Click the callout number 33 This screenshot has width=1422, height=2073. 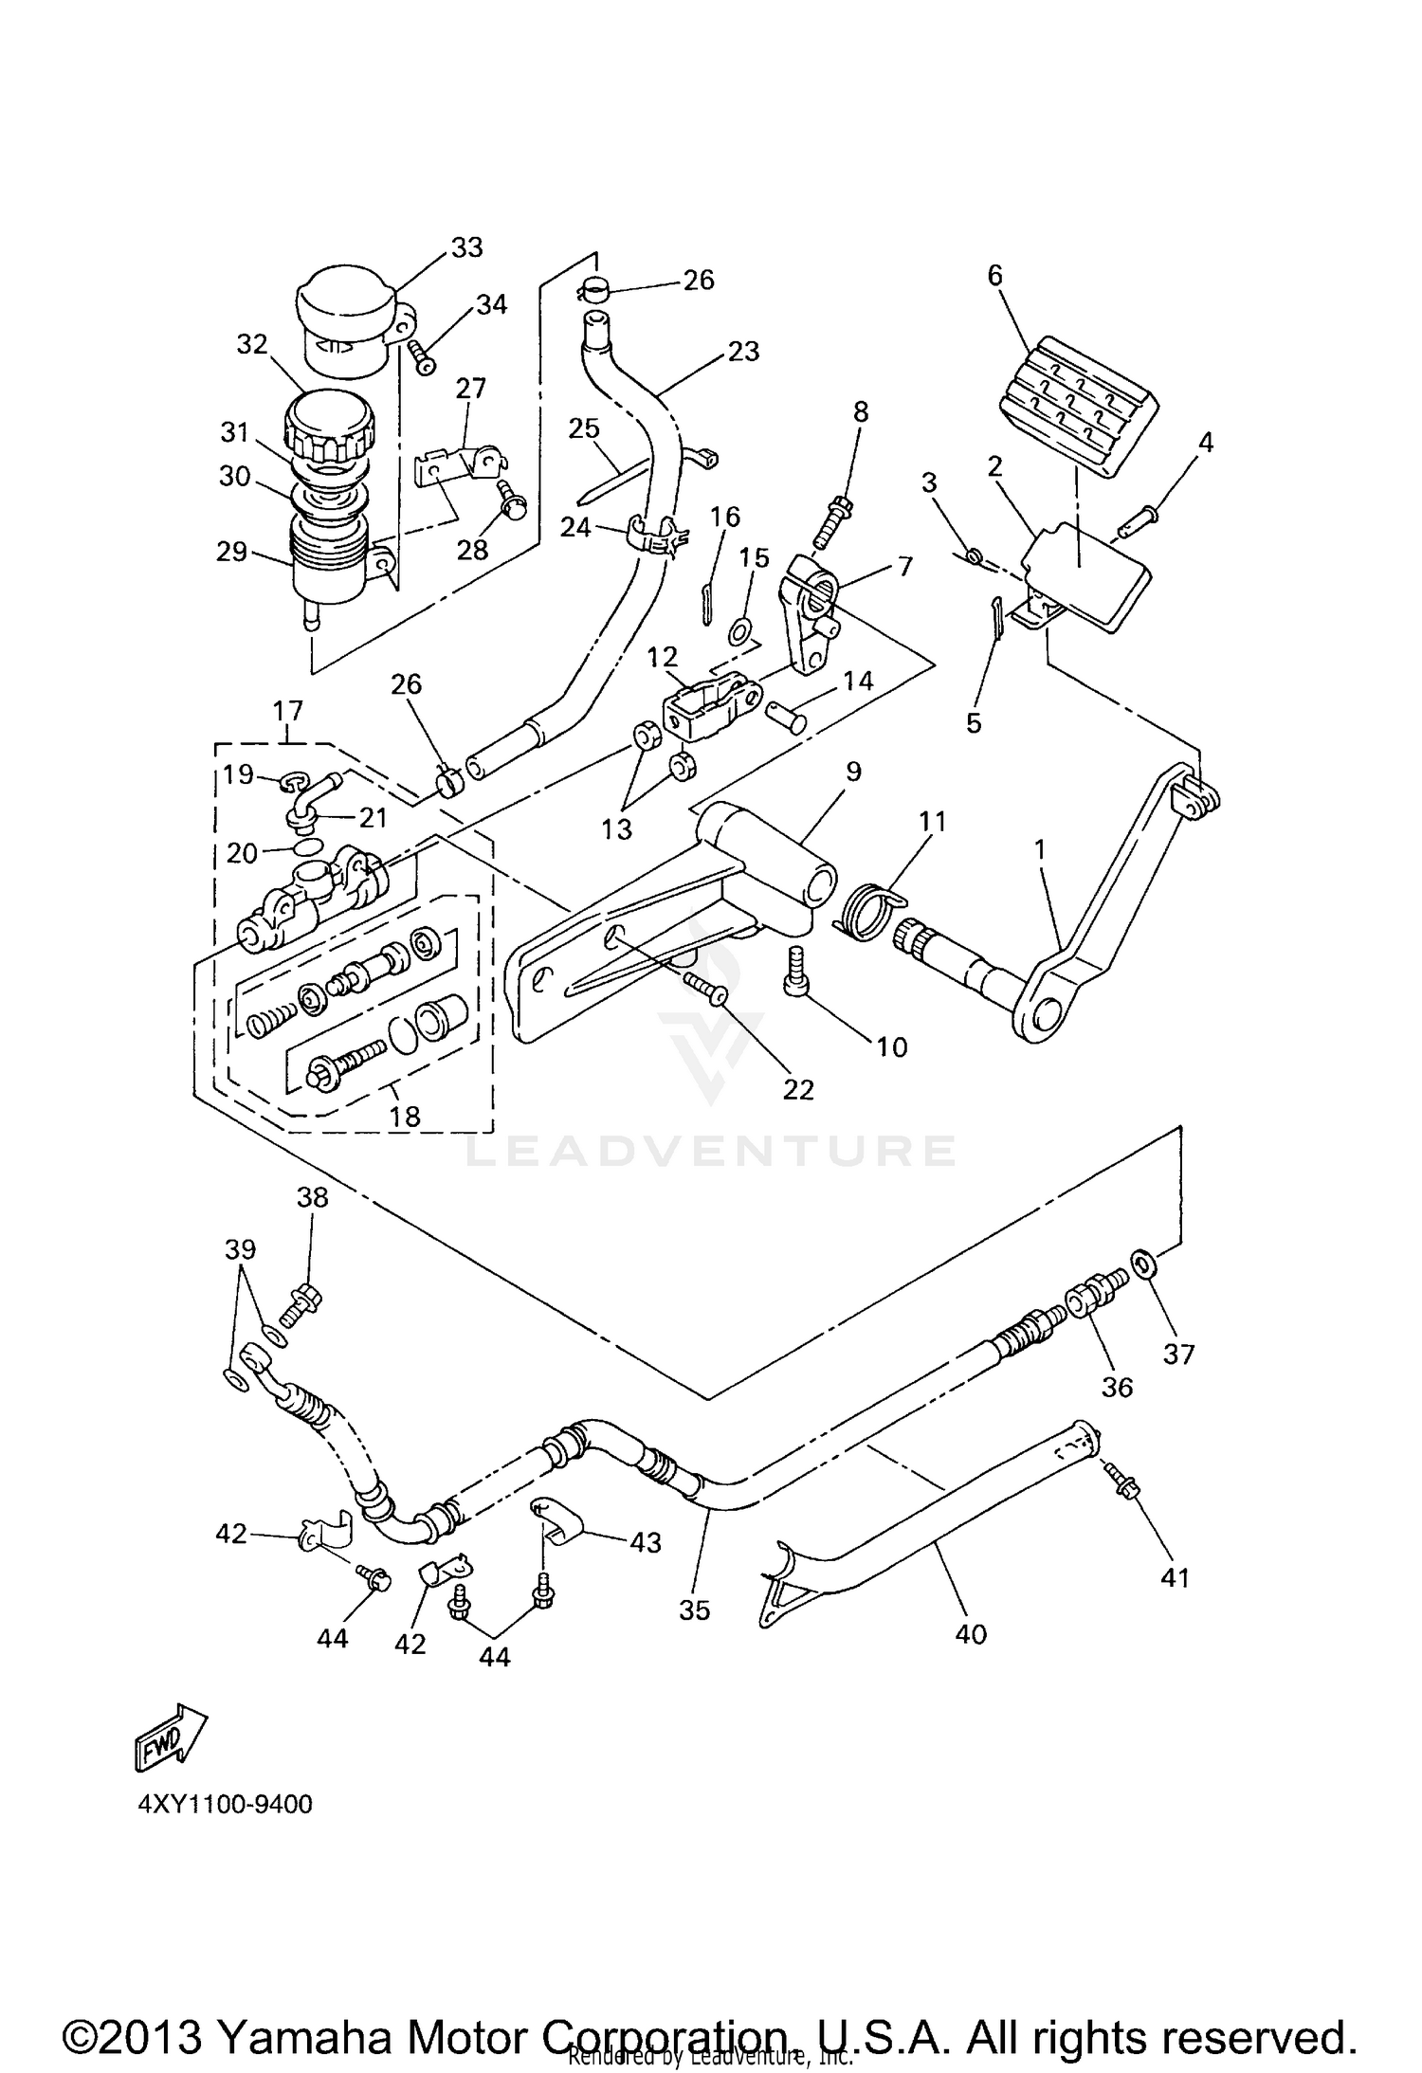pyautogui.click(x=467, y=247)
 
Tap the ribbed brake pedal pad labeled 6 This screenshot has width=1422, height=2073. pyautogui.click(x=1078, y=406)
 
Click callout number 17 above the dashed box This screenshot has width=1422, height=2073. pyautogui.click(x=288, y=710)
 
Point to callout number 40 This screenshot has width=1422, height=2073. pyautogui.click(x=972, y=1633)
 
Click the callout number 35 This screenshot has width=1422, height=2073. pyautogui.click(x=695, y=1610)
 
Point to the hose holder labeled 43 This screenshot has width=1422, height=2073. pyautogui.click(x=559, y=1522)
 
